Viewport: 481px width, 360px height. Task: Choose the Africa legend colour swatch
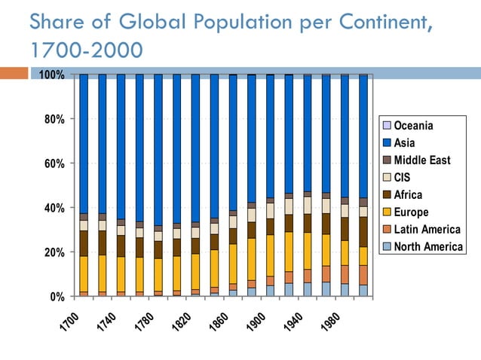click(x=386, y=195)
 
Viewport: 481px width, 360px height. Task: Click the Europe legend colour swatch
click(x=386, y=212)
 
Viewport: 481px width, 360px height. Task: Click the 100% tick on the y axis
click(x=51, y=75)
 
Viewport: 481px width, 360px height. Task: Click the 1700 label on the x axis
click(x=69, y=322)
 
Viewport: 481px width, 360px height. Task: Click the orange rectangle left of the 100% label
click(x=13, y=74)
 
